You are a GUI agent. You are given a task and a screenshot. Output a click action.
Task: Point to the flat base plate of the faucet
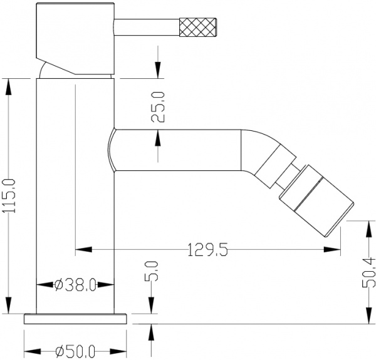click(x=75, y=318)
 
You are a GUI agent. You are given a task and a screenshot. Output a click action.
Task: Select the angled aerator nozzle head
click(x=316, y=203)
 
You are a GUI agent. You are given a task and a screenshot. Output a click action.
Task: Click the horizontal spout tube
click(x=175, y=150)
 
